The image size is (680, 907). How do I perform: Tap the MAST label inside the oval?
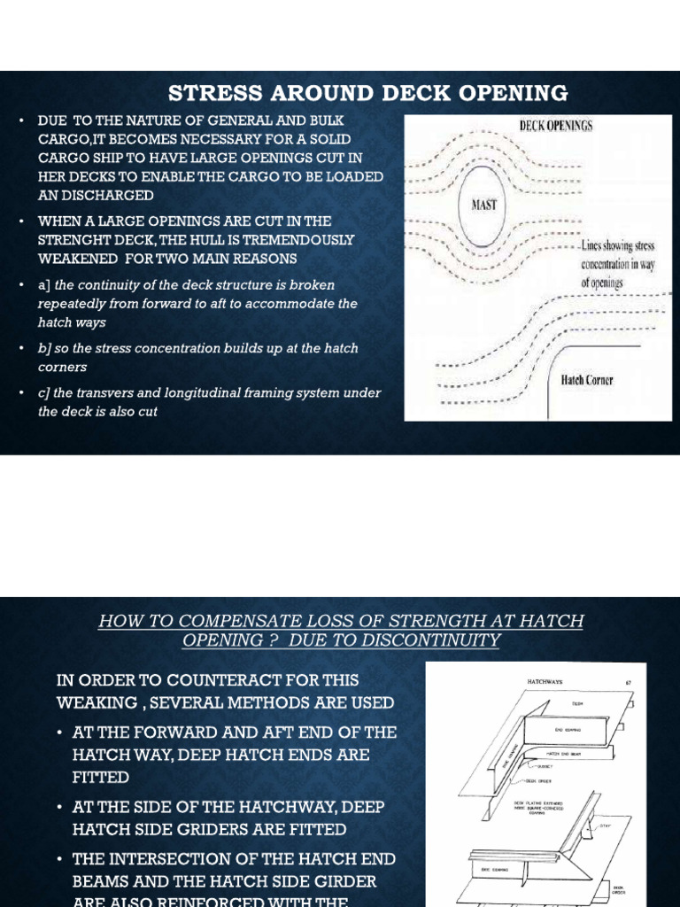484,205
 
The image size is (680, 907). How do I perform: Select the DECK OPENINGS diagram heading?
555,126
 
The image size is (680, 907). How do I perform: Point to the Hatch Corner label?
587,380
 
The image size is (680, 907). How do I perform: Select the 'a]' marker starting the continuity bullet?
44,285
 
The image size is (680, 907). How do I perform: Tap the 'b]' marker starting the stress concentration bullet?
44,348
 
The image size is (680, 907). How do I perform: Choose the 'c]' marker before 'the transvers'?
44,393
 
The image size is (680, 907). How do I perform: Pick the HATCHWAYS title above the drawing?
545,682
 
